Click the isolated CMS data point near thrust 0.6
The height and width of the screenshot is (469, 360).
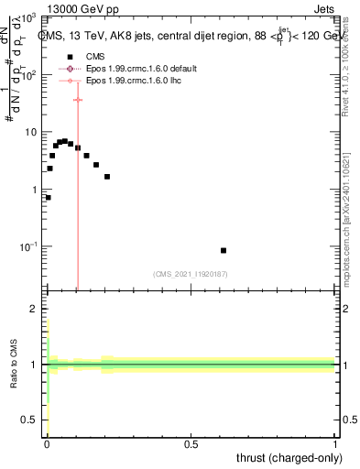point(224,250)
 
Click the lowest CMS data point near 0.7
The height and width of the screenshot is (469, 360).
point(48,197)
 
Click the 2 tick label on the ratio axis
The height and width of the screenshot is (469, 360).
point(33,309)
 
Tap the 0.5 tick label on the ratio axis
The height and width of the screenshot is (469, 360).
point(28,420)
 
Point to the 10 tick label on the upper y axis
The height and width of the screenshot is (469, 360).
point(29,133)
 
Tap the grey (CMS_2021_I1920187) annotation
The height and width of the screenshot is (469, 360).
point(191,273)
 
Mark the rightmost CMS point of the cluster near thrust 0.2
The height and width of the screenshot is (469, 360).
point(107,176)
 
